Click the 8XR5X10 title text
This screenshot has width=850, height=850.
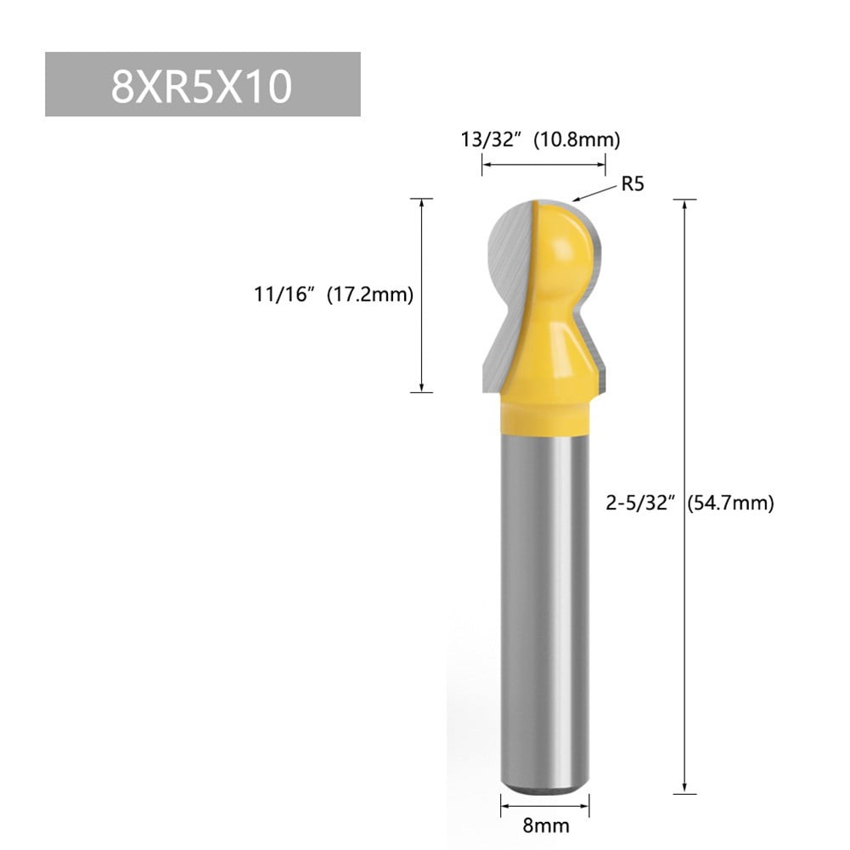202,86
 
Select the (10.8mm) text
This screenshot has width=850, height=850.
577,139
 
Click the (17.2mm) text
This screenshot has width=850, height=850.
371,296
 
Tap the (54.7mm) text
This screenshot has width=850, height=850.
730,503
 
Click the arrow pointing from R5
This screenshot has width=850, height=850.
593,192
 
